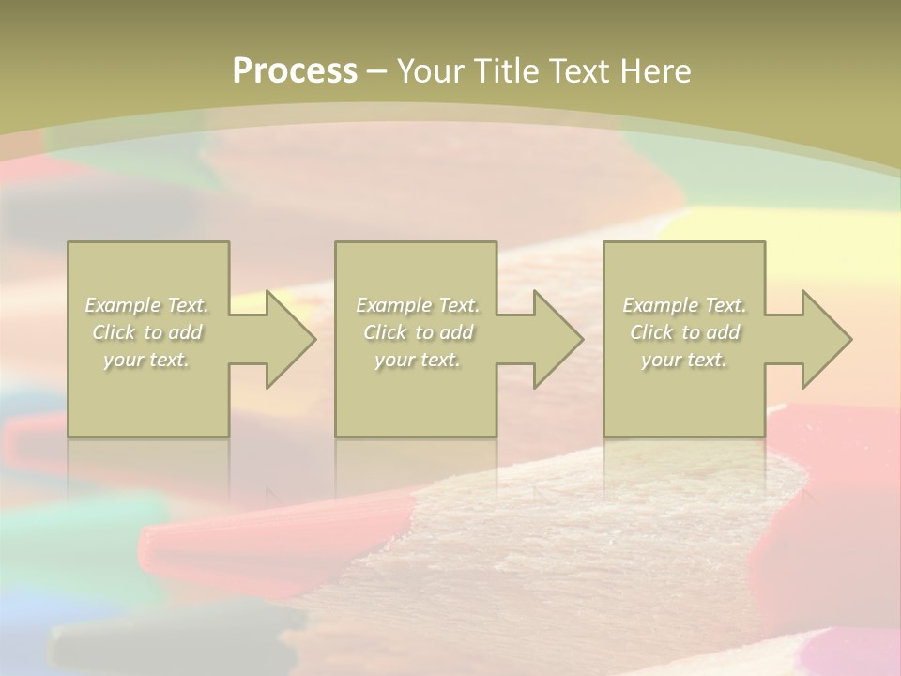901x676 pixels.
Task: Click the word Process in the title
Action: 295,71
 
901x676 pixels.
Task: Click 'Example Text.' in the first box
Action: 147,305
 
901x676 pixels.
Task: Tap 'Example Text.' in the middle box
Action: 418,305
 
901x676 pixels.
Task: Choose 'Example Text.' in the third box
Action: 684,305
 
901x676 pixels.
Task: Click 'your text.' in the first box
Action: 146,360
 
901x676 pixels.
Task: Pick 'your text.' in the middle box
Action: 418,360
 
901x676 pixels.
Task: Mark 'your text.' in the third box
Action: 684,360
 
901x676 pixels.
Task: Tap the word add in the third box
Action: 722,332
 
